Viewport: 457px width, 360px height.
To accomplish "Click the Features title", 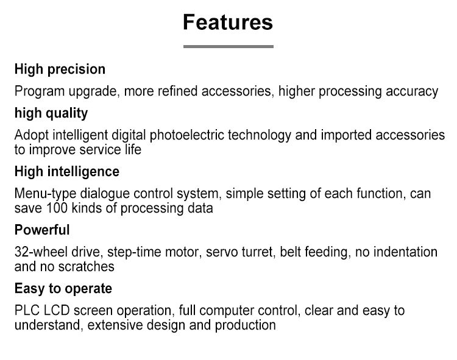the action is point(228,22).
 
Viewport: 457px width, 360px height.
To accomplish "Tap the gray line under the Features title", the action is point(228,46).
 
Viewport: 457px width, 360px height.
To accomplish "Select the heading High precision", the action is point(60,69).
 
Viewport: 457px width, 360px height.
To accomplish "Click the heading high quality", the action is point(51,113).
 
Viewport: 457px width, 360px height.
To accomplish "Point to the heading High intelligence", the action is point(67,172).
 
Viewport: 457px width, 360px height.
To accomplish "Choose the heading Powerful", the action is point(42,230).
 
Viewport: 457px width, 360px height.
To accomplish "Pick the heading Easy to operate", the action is point(63,289).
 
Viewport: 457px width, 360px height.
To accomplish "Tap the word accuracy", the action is point(412,92).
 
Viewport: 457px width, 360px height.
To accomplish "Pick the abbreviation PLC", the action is point(27,311).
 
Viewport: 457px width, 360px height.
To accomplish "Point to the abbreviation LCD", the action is point(57,311).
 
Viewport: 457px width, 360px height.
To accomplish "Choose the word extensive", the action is point(115,325).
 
